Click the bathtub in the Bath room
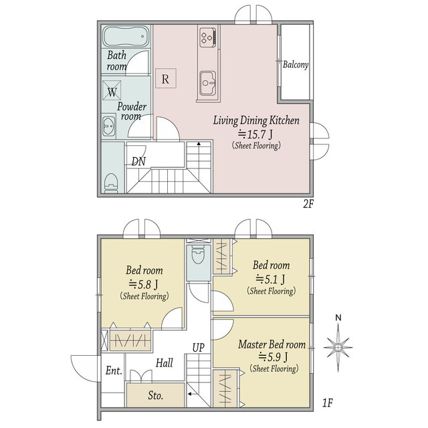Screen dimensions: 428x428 coord(126,37)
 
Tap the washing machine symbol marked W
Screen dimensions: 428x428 coord(112,90)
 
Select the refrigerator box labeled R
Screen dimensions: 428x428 coord(166,78)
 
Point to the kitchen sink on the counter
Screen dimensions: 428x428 coord(208,83)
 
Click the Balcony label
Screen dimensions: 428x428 coord(296,65)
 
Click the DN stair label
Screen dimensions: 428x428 coord(138,162)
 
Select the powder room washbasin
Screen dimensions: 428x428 coord(109,126)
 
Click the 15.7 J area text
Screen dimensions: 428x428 coord(255,134)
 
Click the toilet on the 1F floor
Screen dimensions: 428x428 coord(198,254)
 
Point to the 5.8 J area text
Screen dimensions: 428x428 coord(144,284)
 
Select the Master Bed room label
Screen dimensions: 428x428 coord(272,344)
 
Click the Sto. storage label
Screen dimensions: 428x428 coord(156,395)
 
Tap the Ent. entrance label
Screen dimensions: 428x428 coord(114,370)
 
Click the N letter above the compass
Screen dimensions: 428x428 coord(338,318)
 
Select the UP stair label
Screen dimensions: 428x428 coord(199,348)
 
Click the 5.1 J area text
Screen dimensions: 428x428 coord(270,279)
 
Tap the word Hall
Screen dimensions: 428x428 coord(165,363)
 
